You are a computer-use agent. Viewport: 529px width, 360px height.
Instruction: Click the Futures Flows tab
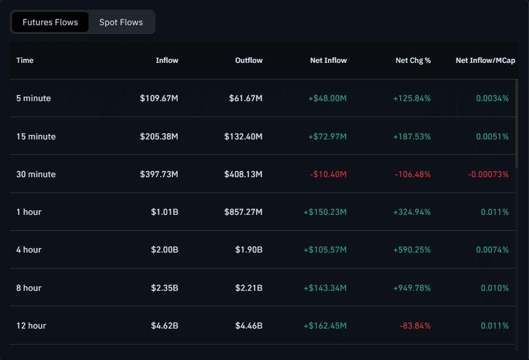coord(50,22)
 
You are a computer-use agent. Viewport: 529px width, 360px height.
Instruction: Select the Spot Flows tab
coord(121,22)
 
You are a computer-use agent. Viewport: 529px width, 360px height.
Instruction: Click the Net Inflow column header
coord(328,60)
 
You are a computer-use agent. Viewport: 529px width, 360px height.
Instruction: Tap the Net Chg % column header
coord(413,60)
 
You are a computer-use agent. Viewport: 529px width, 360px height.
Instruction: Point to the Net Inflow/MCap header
coord(485,60)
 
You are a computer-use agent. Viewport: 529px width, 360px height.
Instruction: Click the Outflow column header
coord(249,60)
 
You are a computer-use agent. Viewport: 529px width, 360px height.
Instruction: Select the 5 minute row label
coord(34,98)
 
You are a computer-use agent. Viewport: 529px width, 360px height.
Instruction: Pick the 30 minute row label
coord(36,174)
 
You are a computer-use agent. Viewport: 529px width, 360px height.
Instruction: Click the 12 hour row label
coord(31,326)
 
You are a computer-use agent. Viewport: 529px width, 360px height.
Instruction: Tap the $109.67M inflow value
coord(159,98)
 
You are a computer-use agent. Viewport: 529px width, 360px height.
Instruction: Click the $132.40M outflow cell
coord(243,137)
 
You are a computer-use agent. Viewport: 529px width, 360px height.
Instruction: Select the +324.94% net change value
coord(412,212)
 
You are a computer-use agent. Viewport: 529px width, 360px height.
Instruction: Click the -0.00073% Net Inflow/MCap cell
coord(488,174)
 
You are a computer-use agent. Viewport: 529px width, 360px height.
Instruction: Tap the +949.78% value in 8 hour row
coord(412,288)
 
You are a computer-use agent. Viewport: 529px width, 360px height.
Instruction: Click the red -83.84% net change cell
coord(415,326)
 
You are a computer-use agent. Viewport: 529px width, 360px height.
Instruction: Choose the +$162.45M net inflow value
coord(324,326)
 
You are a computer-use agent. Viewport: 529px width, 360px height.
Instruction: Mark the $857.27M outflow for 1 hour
coord(243,212)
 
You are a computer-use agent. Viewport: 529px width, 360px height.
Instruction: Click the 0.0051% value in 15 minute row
coord(492,137)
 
